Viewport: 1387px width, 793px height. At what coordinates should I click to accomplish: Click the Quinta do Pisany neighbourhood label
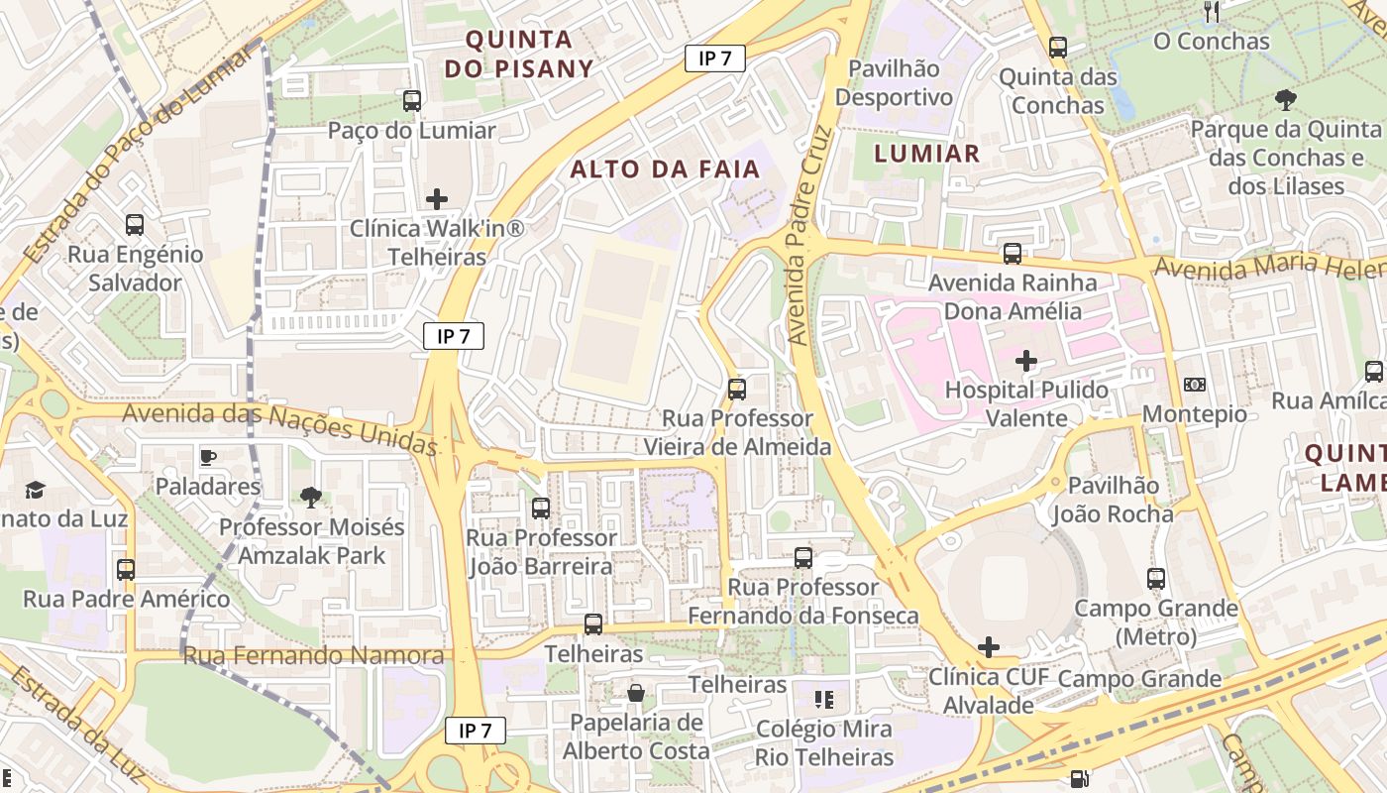[x=518, y=54]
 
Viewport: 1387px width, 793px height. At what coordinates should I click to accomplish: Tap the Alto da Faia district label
[x=665, y=169]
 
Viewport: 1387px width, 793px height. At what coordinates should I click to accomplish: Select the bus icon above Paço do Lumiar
[x=411, y=100]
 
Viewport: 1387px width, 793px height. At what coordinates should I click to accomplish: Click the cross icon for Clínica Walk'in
[x=436, y=199]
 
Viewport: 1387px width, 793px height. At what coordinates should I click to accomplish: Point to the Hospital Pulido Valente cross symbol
[x=1026, y=360]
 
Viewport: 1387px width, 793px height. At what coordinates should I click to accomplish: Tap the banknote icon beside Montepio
[x=1194, y=384]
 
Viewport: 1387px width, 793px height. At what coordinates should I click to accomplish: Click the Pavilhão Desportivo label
[x=895, y=83]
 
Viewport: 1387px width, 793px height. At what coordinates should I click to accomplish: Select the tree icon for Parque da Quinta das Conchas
[x=1285, y=98]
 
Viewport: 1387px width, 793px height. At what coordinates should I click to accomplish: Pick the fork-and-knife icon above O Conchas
[x=1211, y=12]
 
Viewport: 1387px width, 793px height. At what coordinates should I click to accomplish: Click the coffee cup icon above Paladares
[x=207, y=457]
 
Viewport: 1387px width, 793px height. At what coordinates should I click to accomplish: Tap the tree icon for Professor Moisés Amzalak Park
[x=311, y=497]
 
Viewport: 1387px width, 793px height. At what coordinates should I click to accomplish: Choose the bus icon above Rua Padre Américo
[x=126, y=569]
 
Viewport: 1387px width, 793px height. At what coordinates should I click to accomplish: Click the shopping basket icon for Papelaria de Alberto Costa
[x=635, y=693]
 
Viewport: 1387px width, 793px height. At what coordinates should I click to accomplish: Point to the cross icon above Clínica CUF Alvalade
[x=988, y=647]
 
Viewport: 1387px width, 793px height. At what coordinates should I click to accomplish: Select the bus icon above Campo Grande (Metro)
[x=1155, y=578]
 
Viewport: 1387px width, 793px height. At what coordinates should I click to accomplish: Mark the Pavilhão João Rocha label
[x=1113, y=500]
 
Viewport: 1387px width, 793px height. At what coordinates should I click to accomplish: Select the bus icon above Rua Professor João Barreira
[x=540, y=508]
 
